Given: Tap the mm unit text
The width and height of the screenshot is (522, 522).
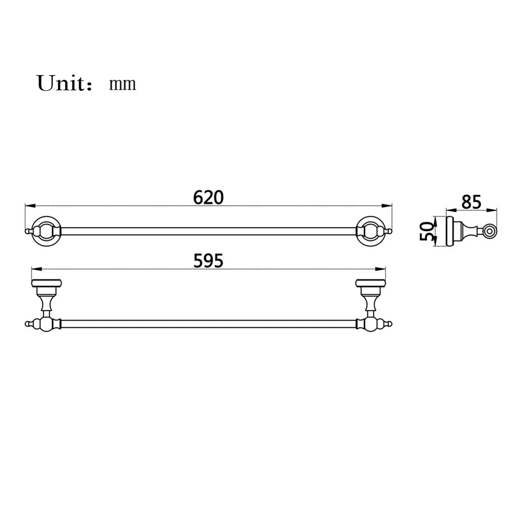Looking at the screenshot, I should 122,84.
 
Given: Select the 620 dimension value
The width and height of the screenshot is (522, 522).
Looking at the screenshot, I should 208,197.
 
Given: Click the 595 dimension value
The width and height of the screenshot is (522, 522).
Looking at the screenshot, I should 208,261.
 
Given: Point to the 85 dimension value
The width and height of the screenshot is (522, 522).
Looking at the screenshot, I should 471,202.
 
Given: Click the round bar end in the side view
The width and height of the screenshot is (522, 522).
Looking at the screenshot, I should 490,232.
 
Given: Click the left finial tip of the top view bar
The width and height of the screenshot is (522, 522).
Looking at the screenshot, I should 28,232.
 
